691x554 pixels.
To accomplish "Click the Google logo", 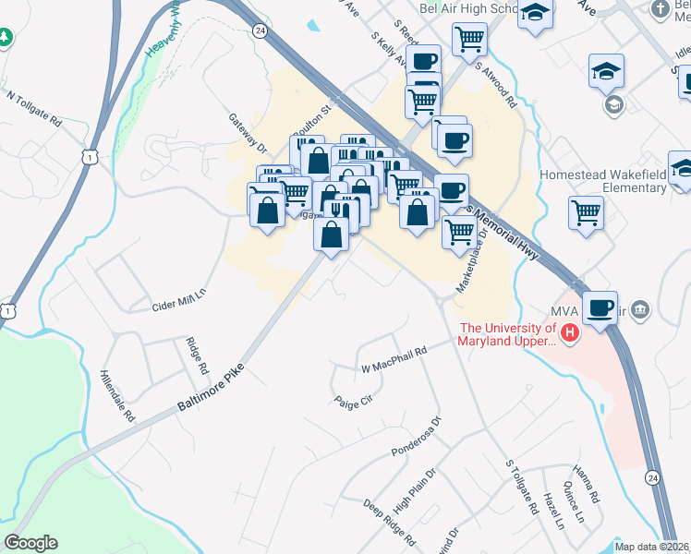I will [31, 543].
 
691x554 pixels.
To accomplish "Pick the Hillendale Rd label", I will [117, 398].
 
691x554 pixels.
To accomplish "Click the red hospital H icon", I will [570, 332].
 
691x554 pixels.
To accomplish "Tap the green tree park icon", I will [6, 38].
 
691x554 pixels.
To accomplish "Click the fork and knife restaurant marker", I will [340, 213].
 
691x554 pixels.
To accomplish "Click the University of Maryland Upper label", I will [507, 334].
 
